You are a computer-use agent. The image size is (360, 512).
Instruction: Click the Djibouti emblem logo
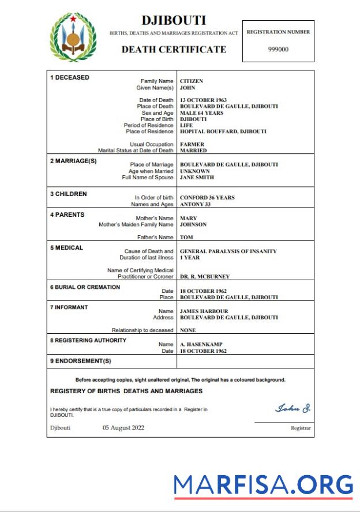73,38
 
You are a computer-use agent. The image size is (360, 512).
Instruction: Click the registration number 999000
278,49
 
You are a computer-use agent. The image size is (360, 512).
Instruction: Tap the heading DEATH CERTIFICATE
174,50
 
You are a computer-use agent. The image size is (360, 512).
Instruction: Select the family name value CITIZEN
192,81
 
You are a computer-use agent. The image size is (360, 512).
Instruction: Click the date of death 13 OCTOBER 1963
207,100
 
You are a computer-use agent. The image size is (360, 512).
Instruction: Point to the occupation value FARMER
192,144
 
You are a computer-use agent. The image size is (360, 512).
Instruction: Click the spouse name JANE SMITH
197,178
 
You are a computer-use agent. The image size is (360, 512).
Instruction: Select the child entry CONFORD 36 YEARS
207,198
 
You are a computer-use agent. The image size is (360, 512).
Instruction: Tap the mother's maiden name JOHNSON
193,225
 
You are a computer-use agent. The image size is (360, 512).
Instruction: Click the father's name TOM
186,238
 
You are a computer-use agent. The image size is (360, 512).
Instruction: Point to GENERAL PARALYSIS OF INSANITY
228,251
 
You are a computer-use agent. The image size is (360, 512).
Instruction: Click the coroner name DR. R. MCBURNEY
205,277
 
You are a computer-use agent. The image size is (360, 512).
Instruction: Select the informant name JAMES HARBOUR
205,311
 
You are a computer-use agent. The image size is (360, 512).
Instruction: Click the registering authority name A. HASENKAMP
201,344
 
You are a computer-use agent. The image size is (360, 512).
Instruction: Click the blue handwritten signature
292,409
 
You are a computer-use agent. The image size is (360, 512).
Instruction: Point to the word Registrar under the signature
301,428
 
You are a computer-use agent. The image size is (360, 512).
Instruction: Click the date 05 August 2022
123,427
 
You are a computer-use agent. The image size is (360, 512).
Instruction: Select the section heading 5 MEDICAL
66,248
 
